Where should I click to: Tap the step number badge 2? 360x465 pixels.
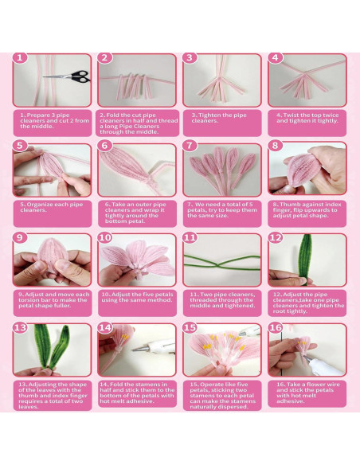coord(104,58)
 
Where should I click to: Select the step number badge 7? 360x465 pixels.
coord(190,147)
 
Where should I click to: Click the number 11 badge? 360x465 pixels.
coord(190,238)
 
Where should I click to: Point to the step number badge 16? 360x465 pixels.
coord(275,327)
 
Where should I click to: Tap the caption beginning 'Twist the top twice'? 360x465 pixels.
coord(307,117)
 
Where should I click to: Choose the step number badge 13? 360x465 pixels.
coord(20,327)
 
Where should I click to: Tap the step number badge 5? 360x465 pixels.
coord(20,147)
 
